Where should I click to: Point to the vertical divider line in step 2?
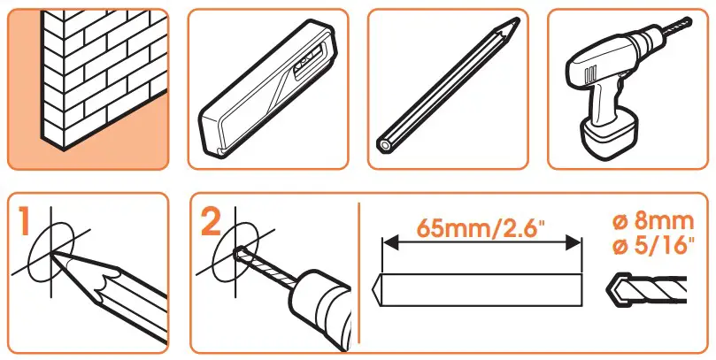coord(358,274)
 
